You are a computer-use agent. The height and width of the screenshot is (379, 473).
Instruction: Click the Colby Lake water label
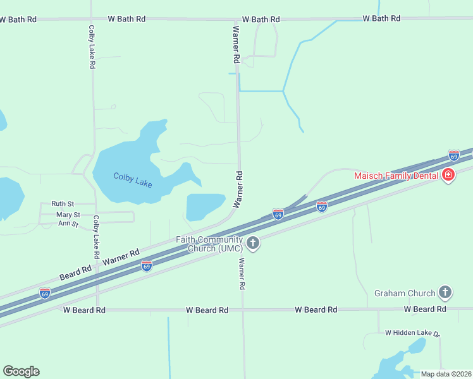(133, 179)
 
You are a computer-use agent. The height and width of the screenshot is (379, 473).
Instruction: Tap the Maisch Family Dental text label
(396, 175)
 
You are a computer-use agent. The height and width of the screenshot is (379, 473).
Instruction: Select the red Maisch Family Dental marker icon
(448, 175)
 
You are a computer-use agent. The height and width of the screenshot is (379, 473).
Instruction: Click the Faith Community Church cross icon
(253, 243)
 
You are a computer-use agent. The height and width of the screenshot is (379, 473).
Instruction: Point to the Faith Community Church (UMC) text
(209, 244)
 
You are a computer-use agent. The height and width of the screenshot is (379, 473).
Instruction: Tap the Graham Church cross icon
(446, 292)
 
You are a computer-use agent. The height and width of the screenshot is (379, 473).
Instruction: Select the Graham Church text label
(405, 293)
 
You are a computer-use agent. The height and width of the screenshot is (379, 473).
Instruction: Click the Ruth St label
(63, 204)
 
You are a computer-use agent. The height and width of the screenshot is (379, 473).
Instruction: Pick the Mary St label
(63, 215)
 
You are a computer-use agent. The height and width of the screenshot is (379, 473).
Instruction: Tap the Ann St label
(68, 224)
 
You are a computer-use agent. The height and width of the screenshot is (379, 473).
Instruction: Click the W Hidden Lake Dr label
(412, 332)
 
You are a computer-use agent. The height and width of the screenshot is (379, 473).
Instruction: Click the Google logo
(21, 371)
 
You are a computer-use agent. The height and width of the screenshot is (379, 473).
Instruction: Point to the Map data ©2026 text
(446, 374)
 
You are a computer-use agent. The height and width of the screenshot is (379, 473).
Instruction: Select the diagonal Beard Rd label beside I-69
(75, 274)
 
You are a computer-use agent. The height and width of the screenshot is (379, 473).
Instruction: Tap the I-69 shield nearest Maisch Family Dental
(453, 155)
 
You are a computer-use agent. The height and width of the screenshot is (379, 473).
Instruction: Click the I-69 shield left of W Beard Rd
(44, 293)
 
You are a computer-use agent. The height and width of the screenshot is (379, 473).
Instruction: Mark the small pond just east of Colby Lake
(204, 205)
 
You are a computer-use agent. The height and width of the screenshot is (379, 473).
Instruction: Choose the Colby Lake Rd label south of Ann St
(97, 237)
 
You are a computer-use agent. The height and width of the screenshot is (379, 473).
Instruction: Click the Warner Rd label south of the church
(242, 274)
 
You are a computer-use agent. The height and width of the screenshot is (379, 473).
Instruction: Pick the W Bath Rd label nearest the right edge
(381, 18)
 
